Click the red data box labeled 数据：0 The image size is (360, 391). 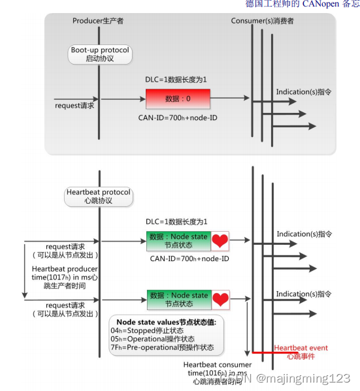click(178, 99)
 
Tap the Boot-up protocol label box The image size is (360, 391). click(99, 54)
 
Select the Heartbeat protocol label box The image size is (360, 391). click(99, 196)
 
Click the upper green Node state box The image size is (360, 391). click(178, 241)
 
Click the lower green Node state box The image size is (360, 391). click(178, 300)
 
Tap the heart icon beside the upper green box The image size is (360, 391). click(220, 241)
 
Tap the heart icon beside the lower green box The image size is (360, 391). click(220, 300)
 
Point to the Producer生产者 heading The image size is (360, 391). click(98, 21)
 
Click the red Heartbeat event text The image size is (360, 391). click(301, 348)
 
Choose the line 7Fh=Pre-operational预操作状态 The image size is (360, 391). click(161, 347)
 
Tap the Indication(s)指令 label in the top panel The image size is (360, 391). click(303, 92)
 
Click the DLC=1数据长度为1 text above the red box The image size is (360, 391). click(176, 80)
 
